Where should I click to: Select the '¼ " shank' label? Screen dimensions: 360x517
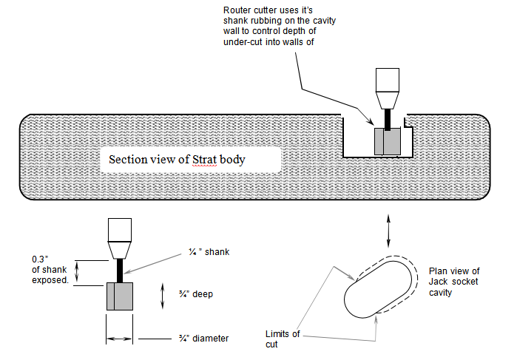209,252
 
